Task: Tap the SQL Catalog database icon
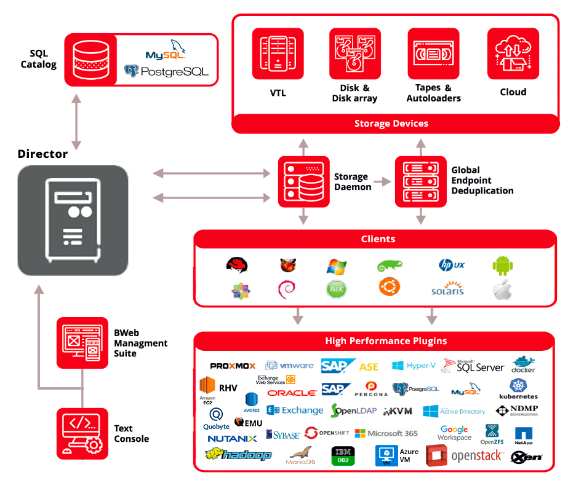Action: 90,60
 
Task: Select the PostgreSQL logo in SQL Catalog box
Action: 166,72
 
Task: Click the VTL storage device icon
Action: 278,53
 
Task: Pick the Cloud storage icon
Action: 513,53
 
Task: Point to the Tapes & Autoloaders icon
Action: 433,53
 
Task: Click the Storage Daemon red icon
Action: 303,181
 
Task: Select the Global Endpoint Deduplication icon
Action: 420,181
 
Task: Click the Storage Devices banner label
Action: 391,124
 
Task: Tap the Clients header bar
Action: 378,239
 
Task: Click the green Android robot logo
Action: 502,265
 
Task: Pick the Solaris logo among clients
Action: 447,289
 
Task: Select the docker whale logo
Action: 523,364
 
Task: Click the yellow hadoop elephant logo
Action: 238,455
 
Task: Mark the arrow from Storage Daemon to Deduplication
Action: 382,182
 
